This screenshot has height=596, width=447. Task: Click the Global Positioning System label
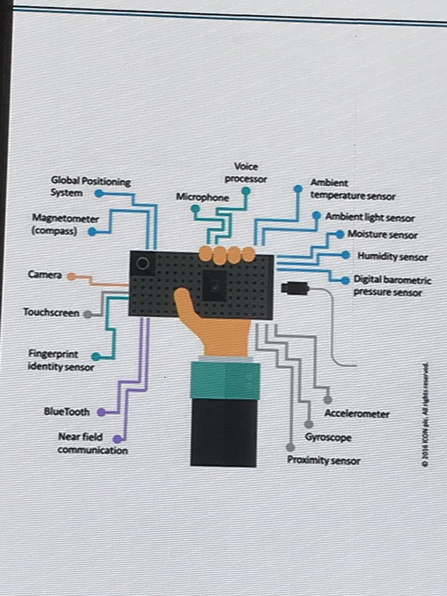coord(90,187)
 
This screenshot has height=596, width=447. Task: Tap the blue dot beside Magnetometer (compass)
coord(92,232)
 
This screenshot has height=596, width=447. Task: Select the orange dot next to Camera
coord(71,276)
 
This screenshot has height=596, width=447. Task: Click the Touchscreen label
coord(51,313)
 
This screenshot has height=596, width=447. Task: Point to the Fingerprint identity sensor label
coord(61,360)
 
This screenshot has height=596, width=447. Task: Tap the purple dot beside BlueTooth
coord(101,412)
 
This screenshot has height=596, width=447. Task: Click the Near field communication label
coord(92,444)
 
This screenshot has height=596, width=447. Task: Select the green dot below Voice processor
coord(246,190)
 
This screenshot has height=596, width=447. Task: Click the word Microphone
coord(203,197)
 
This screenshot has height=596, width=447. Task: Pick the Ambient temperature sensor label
coord(352,190)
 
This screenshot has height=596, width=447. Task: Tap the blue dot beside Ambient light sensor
coord(317,215)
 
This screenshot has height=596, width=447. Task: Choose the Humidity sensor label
coord(392,257)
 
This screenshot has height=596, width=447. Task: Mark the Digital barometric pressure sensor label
coord(392,286)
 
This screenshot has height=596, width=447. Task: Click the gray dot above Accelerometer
coord(328,400)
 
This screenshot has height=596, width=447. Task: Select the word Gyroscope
coord(328,437)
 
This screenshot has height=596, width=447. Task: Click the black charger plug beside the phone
coord(295,288)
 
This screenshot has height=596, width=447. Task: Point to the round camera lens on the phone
coord(142,264)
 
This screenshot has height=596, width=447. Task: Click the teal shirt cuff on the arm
coord(225,379)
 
